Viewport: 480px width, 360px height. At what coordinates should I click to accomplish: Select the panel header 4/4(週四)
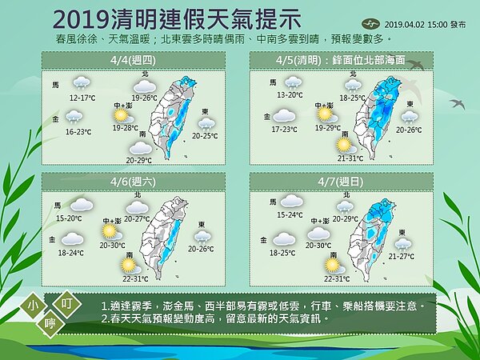[x=131, y=59]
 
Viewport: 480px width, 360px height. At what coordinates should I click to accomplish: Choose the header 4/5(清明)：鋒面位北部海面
[x=345, y=59]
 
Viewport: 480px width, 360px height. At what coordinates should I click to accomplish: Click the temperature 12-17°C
[x=82, y=98]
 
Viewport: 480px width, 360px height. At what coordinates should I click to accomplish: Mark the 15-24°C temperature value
[x=290, y=215]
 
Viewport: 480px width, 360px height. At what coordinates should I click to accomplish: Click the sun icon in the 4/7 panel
[x=333, y=264]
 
